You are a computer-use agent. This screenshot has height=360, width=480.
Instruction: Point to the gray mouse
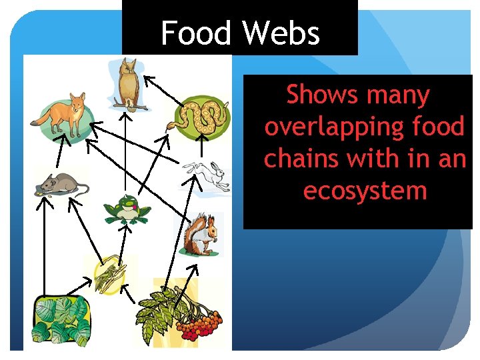tap(60, 184)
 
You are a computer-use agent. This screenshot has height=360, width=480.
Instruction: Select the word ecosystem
tap(365, 191)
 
